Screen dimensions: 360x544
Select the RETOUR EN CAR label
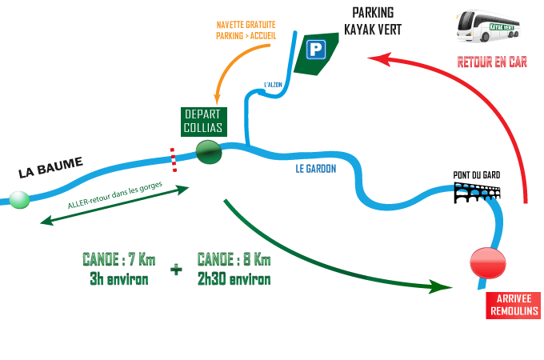(491, 62)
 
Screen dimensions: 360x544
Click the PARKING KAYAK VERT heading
(372, 22)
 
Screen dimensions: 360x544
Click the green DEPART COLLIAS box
(203, 122)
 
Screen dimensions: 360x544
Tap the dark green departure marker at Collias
(209, 152)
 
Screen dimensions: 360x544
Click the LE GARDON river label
(316, 169)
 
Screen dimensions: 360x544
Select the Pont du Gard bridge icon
(478, 193)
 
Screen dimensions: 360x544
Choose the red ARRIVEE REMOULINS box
(513, 305)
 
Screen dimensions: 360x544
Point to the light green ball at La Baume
(18, 199)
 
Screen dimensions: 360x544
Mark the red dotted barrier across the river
(171, 158)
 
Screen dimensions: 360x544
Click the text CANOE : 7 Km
(119, 260)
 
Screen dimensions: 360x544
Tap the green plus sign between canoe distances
(176, 270)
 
